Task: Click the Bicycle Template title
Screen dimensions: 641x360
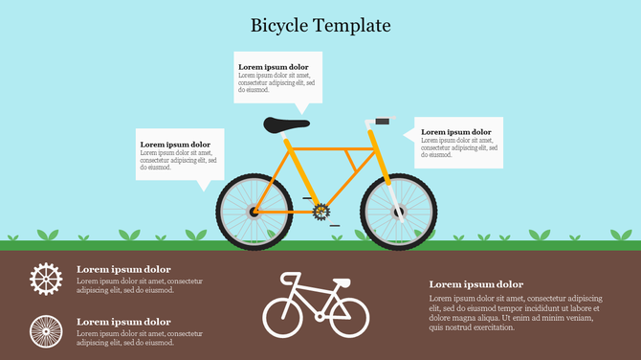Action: tap(320, 25)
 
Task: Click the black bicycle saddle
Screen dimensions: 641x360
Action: tap(287, 124)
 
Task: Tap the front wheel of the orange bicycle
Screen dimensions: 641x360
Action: tap(399, 212)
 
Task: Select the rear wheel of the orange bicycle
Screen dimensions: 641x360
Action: tap(254, 212)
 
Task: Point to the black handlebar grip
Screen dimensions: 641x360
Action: tap(385, 121)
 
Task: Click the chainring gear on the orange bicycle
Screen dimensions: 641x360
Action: tap(320, 210)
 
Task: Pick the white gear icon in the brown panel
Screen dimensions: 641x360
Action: tap(45, 278)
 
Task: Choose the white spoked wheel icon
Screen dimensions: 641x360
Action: tap(45, 331)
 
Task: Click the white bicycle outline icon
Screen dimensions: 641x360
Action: tap(315, 304)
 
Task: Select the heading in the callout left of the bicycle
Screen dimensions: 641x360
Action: tap(175, 145)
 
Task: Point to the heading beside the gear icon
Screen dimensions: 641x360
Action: tap(123, 269)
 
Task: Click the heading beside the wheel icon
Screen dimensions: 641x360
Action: tap(123, 322)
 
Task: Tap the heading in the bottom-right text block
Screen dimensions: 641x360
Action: tap(475, 284)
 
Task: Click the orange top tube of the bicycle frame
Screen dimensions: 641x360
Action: tap(331, 148)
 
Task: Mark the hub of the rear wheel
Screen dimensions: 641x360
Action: tap(254, 212)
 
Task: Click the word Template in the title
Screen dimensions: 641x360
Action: tap(354, 25)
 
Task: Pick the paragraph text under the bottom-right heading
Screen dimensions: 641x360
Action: tap(515, 313)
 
